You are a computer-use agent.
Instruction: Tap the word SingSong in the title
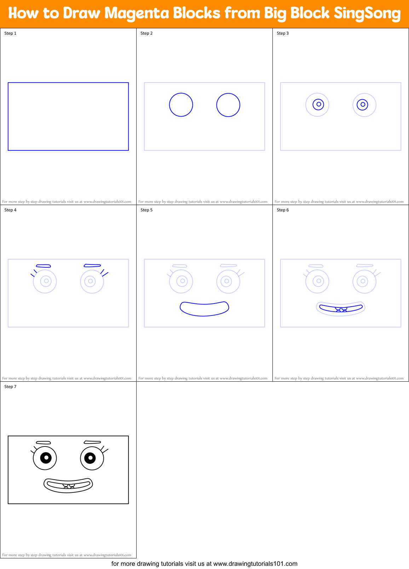click(367, 13)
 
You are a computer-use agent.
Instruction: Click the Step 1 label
click(10, 33)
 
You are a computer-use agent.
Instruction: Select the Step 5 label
click(146, 210)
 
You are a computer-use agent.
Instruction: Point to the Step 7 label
click(10, 387)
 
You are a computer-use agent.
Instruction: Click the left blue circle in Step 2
click(181, 105)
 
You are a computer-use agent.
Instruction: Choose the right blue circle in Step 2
click(228, 105)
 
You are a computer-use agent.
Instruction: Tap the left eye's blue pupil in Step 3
click(318, 104)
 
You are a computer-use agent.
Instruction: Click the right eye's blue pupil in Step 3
click(363, 104)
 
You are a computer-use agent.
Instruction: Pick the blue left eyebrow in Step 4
click(44, 266)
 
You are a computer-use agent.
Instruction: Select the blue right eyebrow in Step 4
click(92, 265)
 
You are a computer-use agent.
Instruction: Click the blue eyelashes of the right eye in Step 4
click(104, 273)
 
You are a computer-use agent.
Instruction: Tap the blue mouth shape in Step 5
click(204, 309)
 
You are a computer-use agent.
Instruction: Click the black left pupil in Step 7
click(46, 458)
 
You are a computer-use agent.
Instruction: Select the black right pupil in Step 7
click(90, 458)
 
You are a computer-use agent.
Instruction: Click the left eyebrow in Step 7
click(44, 443)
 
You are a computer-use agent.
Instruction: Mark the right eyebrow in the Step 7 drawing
click(92, 442)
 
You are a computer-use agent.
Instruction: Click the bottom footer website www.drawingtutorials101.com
click(255, 564)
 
